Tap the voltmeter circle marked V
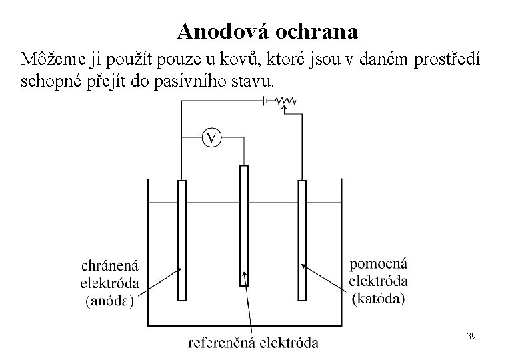coord(211,138)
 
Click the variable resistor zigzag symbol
coord(287,101)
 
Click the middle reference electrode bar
coord(244,227)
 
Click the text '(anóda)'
coord(111,300)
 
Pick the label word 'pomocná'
coord(378,265)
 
